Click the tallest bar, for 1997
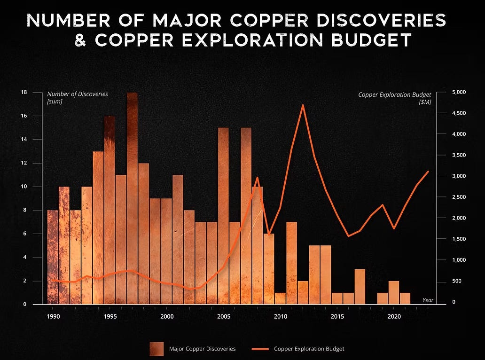132,197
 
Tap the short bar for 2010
280,298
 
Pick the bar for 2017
360,287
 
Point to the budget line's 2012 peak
303,105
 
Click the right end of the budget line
428,171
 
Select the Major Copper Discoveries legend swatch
157,349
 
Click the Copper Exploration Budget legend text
309,349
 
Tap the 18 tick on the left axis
23,92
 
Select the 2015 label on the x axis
337,316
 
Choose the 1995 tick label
110,316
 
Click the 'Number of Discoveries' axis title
77,94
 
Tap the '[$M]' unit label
425,102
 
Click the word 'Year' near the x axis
428,300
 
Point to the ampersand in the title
81,40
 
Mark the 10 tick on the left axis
23,187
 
